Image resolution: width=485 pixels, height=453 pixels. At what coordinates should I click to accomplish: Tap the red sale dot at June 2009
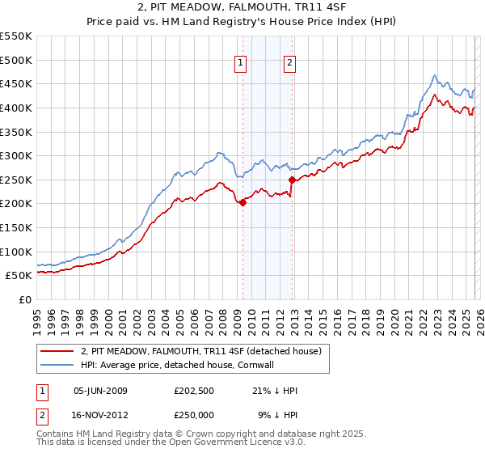click(242, 202)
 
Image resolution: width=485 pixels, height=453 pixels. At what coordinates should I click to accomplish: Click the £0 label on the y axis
click(25, 299)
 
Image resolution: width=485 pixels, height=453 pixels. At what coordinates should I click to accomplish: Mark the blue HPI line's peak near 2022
click(434, 76)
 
